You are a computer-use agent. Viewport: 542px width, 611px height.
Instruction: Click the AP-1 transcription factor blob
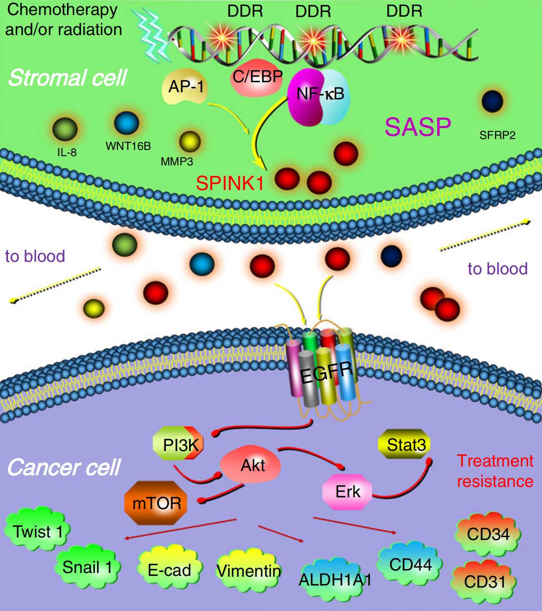(x=185, y=87)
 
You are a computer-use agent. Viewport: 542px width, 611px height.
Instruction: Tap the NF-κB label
(x=320, y=94)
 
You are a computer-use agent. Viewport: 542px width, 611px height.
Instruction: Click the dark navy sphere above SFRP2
(x=492, y=101)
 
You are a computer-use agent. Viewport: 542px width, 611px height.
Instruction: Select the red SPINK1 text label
(x=230, y=183)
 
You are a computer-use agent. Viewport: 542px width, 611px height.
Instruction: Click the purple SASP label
(x=418, y=127)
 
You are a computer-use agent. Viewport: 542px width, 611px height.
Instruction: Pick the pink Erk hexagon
(x=347, y=492)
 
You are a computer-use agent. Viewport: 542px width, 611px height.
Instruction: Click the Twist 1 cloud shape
(x=37, y=532)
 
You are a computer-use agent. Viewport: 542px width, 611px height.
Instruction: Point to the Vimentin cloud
(x=249, y=570)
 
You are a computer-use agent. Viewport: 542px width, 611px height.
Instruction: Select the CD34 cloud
(x=488, y=534)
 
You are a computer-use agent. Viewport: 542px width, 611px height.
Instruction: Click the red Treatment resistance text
(x=495, y=471)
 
